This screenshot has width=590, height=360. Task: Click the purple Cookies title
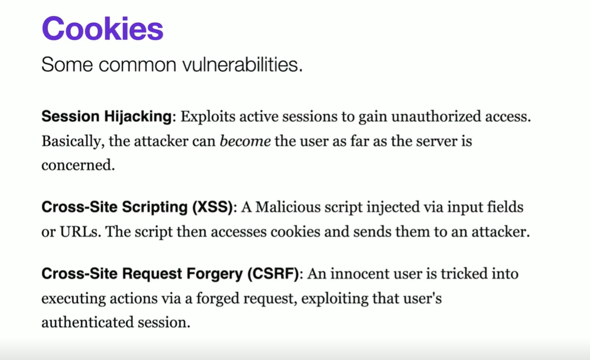click(x=102, y=29)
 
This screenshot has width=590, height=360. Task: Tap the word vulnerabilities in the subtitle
click(x=243, y=65)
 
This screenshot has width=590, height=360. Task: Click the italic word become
click(x=245, y=141)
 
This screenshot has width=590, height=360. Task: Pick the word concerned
click(x=78, y=165)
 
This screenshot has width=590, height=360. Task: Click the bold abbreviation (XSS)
click(x=213, y=207)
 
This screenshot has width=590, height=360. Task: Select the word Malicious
click(x=288, y=207)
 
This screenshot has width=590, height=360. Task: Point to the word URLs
click(x=80, y=232)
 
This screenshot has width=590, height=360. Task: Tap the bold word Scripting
click(x=155, y=208)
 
